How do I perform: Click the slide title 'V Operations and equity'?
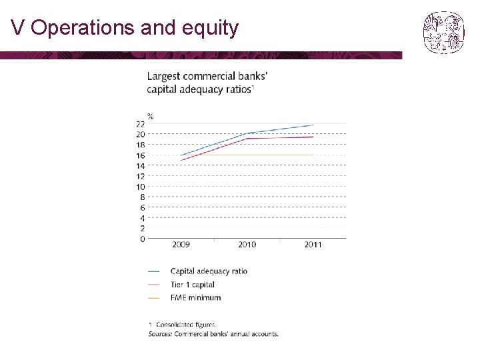click(x=125, y=28)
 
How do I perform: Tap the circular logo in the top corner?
click(x=443, y=32)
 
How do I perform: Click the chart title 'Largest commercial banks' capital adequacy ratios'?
click(x=207, y=82)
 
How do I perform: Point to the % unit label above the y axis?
click(x=151, y=116)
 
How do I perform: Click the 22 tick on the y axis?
click(x=141, y=124)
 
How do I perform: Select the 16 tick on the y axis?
click(x=141, y=155)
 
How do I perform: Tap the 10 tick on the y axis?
click(x=141, y=187)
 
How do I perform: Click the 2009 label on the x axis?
click(x=181, y=245)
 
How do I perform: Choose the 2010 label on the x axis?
click(x=247, y=245)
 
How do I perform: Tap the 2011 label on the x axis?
click(x=313, y=245)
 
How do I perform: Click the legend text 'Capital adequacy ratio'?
click(x=209, y=271)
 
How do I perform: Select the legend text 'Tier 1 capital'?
click(x=193, y=285)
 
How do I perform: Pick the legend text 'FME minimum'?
click(x=195, y=297)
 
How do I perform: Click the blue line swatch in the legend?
click(x=155, y=271)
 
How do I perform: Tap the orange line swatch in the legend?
click(x=155, y=297)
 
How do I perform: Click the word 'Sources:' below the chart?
click(x=159, y=333)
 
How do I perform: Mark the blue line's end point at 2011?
click(x=313, y=125)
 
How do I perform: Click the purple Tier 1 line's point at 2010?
click(x=247, y=139)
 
